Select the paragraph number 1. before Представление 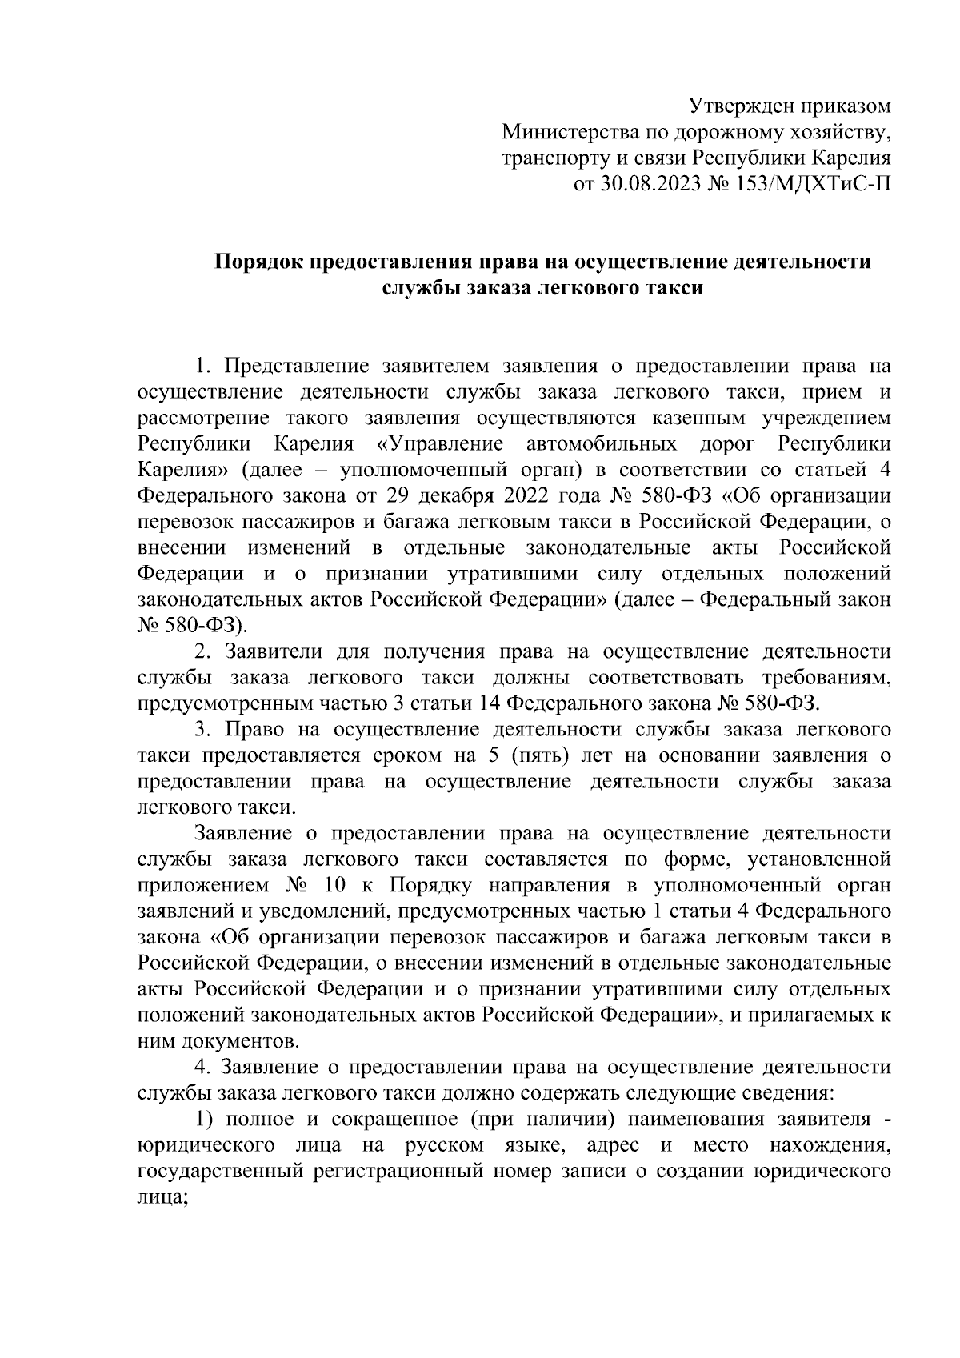pyautogui.click(x=204, y=367)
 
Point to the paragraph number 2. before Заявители pyautogui.click(x=204, y=651)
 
